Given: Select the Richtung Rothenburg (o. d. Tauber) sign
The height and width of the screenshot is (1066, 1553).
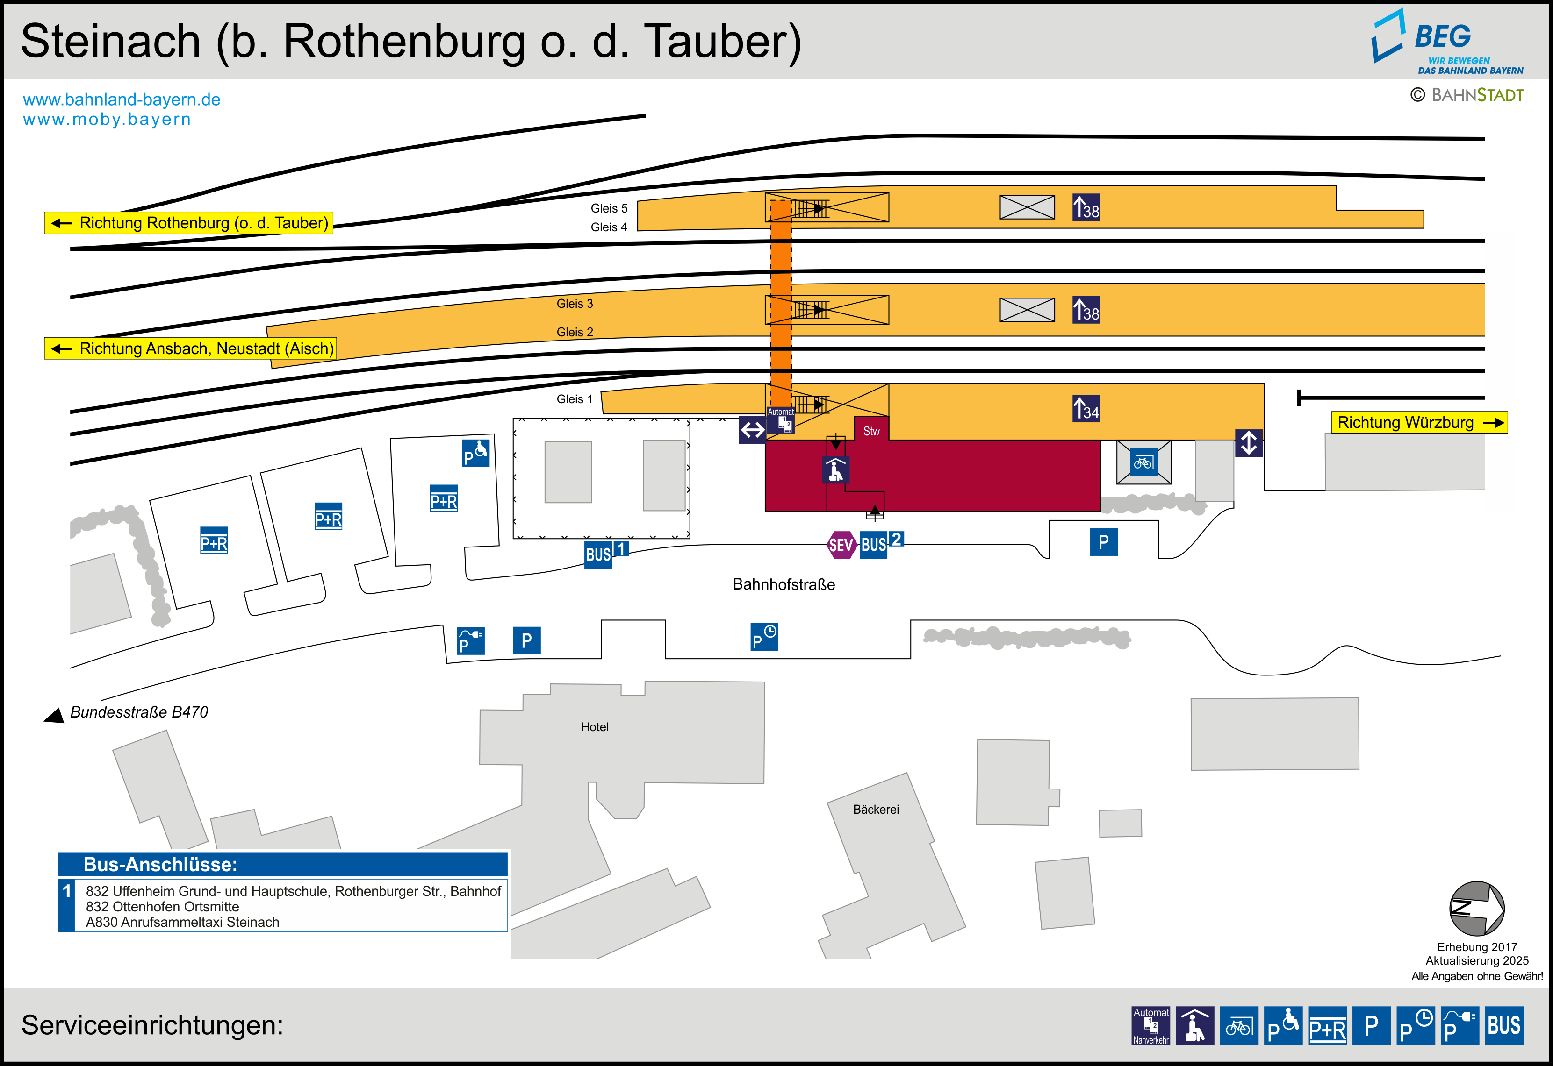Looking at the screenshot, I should [x=189, y=223].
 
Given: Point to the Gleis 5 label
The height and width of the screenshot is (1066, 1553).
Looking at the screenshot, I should [x=609, y=208].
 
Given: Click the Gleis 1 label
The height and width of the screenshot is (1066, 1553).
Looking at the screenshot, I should [x=574, y=399].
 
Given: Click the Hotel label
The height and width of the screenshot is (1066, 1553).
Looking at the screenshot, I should [x=594, y=727].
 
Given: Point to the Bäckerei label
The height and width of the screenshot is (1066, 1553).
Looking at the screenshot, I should [x=876, y=810].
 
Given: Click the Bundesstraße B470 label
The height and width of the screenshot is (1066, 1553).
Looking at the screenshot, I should [x=139, y=712].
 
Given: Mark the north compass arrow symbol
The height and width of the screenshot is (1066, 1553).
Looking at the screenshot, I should [x=1476, y=909].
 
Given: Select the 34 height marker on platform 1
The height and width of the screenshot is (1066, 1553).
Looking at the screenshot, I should [x=1086, y=409].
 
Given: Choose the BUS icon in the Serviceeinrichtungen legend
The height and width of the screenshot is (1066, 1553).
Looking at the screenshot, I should [x=1503, y=1025].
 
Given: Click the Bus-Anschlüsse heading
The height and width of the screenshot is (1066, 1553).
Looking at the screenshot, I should [x=160, y=864].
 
